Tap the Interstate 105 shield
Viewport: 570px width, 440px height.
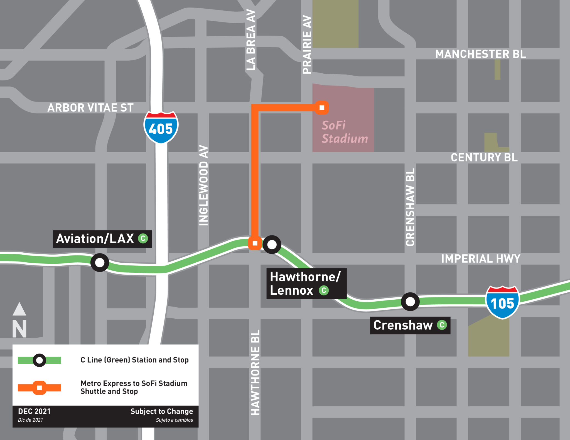tap(502, 302)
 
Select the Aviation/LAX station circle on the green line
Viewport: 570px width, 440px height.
tap(100, 262)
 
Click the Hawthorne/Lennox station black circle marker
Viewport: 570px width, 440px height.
tap(272, 245)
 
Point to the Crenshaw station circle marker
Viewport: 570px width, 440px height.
tap(410, 302)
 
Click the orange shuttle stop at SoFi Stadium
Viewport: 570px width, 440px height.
tap(322, 108)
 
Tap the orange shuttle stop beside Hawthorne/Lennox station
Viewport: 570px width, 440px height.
tap(255, 243)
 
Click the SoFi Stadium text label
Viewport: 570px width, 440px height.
tap(344, 132)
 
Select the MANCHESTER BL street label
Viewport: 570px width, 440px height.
tap(480, 54)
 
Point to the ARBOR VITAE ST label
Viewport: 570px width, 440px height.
tap(90, 108)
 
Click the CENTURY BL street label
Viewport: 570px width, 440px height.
tap(484, 158)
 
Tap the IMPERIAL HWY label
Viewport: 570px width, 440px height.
tap(480, 259)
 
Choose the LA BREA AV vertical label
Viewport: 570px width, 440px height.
tap(251, 40)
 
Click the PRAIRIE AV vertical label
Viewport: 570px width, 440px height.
tap(307, 44)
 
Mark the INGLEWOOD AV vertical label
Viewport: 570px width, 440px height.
tap(204, 185)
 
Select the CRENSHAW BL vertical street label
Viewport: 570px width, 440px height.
tap(410, 207)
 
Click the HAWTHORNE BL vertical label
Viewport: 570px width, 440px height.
tap(255, 372)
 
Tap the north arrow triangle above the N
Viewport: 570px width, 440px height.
tap(19, 309)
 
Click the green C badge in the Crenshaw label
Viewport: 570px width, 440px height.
tap(442, 325)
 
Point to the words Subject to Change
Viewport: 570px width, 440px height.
tap(161, 411)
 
